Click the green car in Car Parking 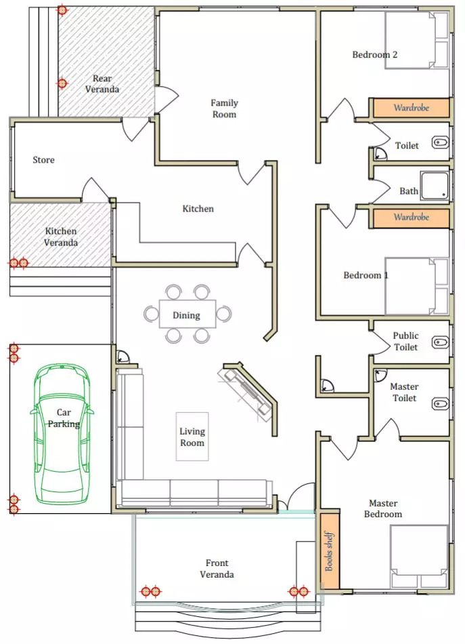click(62, 434)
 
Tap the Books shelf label click(329, 551)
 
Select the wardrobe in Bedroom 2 click(412, 108)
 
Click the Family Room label click(224, 108)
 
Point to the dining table click(187, 314)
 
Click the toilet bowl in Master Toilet click(441, 404)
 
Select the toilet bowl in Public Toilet click(441, 342)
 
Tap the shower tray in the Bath click(435, 186)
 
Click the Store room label click(43, 160)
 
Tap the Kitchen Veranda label click(61, 237)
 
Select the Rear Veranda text click(102, 83)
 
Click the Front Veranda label click(217, 569)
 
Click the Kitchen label click(198, 209)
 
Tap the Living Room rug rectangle click(192, 436)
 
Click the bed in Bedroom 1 click(417, 286)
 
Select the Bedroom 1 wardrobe click(412, 218)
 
